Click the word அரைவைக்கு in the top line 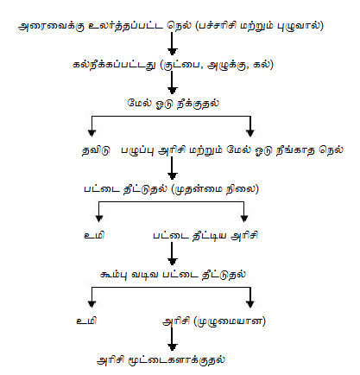click(52, 26)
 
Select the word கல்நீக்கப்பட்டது click(114, 65)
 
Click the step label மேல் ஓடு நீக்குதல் click(173, 104)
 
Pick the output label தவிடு click(96, 150)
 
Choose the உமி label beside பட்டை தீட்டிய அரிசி click(94, 235)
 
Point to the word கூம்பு click(113, 275)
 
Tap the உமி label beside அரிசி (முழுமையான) click(86, 321)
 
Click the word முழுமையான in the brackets click(230, 321)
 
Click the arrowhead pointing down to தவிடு click(92, 133)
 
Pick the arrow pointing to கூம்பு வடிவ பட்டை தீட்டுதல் click(172, 253)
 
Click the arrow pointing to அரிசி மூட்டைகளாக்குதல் click(172, 339)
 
